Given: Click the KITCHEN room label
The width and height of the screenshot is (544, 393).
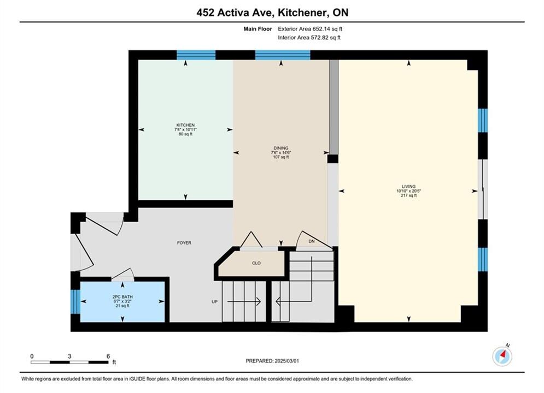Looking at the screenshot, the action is click(x=185, y=125).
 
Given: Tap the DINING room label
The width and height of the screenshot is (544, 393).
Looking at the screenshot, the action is click(x=281, y=148).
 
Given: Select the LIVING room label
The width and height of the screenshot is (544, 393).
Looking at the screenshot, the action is click(x=409, y=186).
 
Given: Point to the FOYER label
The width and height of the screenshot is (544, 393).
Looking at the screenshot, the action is click(x=184, y=243).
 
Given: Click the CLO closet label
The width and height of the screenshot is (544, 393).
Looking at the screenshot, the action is click(x=256, y=263).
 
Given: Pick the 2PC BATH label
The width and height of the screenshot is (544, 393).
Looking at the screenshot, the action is click(x=122, y=297).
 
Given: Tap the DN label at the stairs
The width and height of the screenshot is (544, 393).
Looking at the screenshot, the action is click(x=312, y=241).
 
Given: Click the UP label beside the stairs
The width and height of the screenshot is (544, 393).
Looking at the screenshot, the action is click(x=215, y=302).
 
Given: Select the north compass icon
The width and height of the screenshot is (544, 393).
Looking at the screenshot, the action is click(x=502, y=355).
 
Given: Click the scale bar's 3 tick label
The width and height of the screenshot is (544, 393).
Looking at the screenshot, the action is click(x=70, y=356).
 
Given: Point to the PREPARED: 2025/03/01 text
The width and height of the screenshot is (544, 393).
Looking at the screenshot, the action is click(x=272, y=361).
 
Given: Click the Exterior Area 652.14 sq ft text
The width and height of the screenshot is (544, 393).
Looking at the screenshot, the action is click(x=310, y=29).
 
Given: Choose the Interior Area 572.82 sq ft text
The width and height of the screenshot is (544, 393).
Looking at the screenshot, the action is click(x=309, y=38).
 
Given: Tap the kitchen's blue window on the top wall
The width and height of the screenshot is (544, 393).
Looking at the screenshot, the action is click(x=196, y=55).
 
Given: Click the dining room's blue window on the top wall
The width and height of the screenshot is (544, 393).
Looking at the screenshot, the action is click(x=283, y=55).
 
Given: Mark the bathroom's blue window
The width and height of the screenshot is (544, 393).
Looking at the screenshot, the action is click(x=75, y=302).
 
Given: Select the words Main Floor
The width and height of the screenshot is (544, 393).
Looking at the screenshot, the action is click(x=258, y=29).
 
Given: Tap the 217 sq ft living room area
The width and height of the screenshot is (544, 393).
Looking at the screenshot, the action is click(x=409, y=195).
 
